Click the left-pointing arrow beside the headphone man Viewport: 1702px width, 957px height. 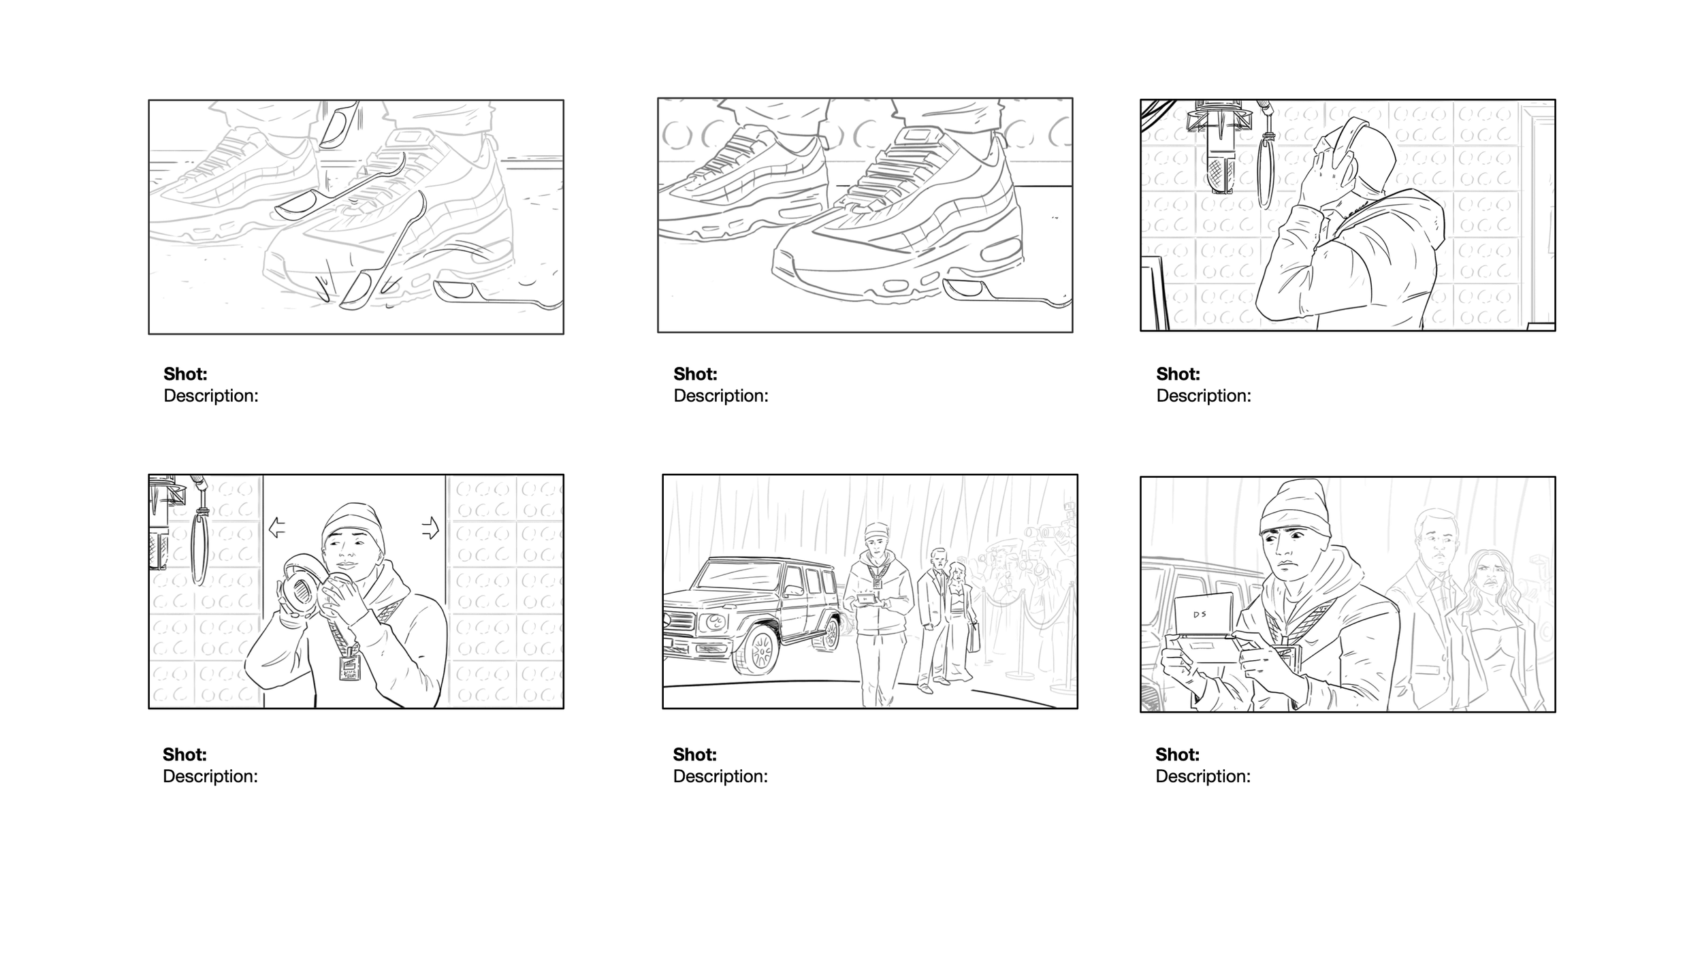(x=276, y=528)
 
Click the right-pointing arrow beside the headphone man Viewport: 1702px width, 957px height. (x=430, y=528)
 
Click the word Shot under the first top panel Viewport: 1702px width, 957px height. (x=185, y=374)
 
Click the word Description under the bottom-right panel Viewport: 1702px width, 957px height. (x=1202, y=776)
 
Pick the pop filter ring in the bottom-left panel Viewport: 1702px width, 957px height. (x=199, y=548)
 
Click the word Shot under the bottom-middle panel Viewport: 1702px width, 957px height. (x=694, y=754)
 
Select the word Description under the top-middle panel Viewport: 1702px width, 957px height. (x=720, y=395)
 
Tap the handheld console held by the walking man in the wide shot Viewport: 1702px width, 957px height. (x=867, y=599)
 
